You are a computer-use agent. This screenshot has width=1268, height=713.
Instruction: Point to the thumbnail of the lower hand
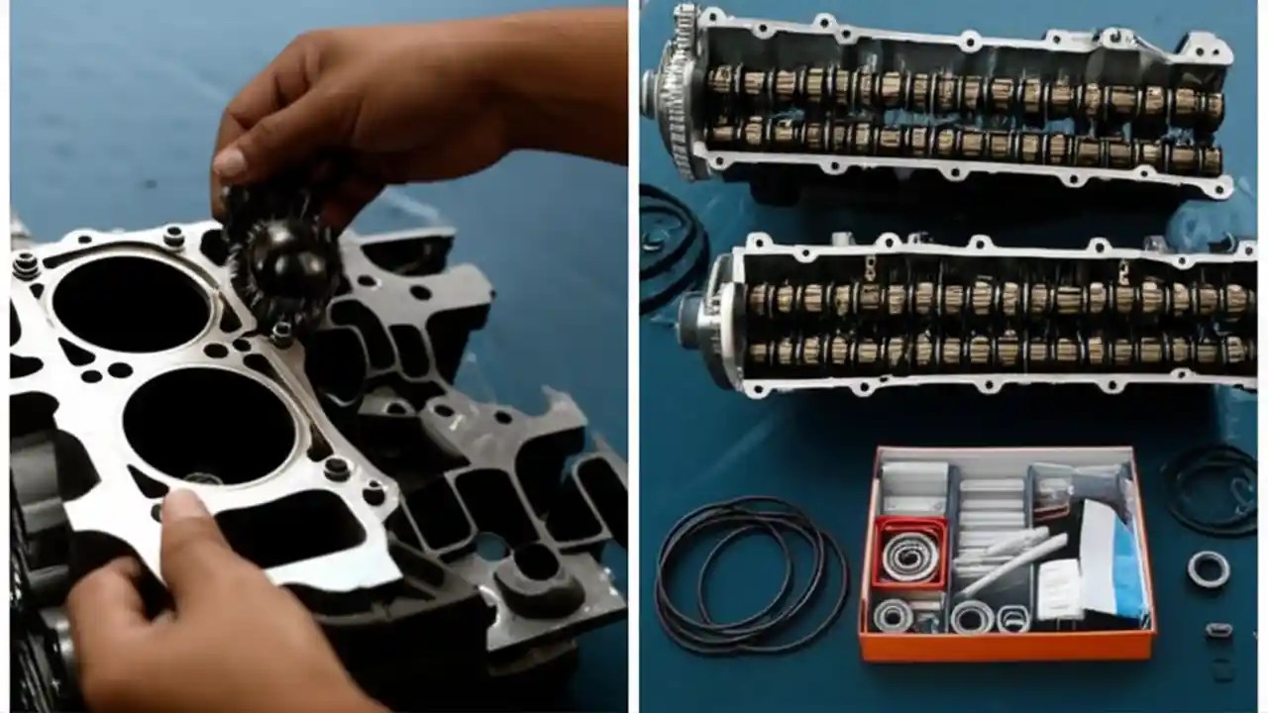point(184,508)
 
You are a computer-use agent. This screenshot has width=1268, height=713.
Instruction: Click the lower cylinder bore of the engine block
point(209,426)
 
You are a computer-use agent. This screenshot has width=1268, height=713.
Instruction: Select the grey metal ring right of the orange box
point(1208,568)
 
